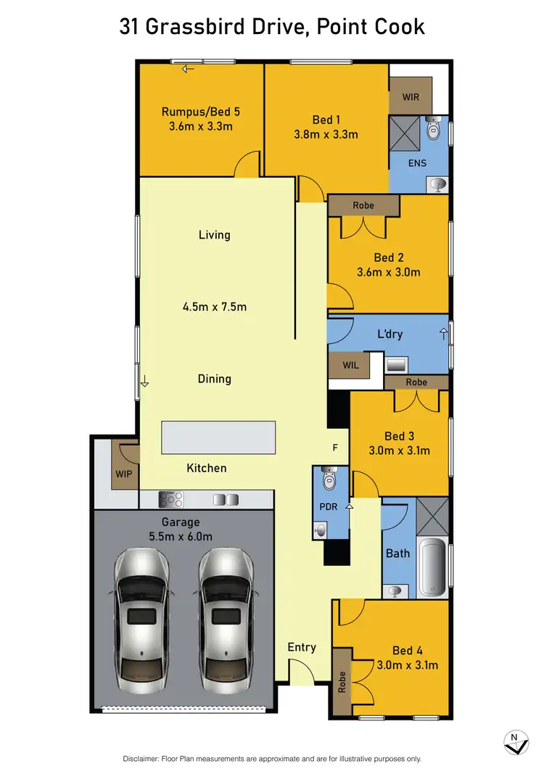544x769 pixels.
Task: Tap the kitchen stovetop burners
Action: pyautogui.click(x=171, y=499)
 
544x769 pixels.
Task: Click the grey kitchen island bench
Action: pyautogui.click(x=218, y=437)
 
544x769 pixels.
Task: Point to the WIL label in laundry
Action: pyautogui.click(x=350, y=366)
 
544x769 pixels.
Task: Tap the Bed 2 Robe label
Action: pyautogui.click(x=363, y=205)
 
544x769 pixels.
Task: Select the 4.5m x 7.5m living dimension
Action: pyautogui.click(x=214, y=307)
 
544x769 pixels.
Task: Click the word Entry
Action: pyautogui.click(x=302, y=646)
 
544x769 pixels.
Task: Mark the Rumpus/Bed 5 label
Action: pyautogui.click(x=200, y=112)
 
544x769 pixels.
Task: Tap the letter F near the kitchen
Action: pyautogui.click(x=335, y=448)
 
